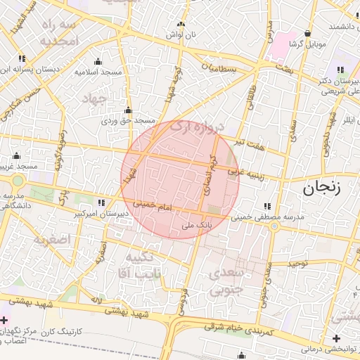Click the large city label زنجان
pyautogui.click(x=321, y=188)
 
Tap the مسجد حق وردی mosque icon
pyautogui.click(x=128, y=110)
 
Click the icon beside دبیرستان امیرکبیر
pyautogui.click(x=103, y=202)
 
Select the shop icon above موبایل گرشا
pyautogui.click(x=307, y=33)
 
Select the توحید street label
pyautogui.click(x=297, y=263)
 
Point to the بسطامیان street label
pyautogui.click(x=224, y=69)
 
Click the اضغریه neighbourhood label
pyautogui.click(x=51, y=240)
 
